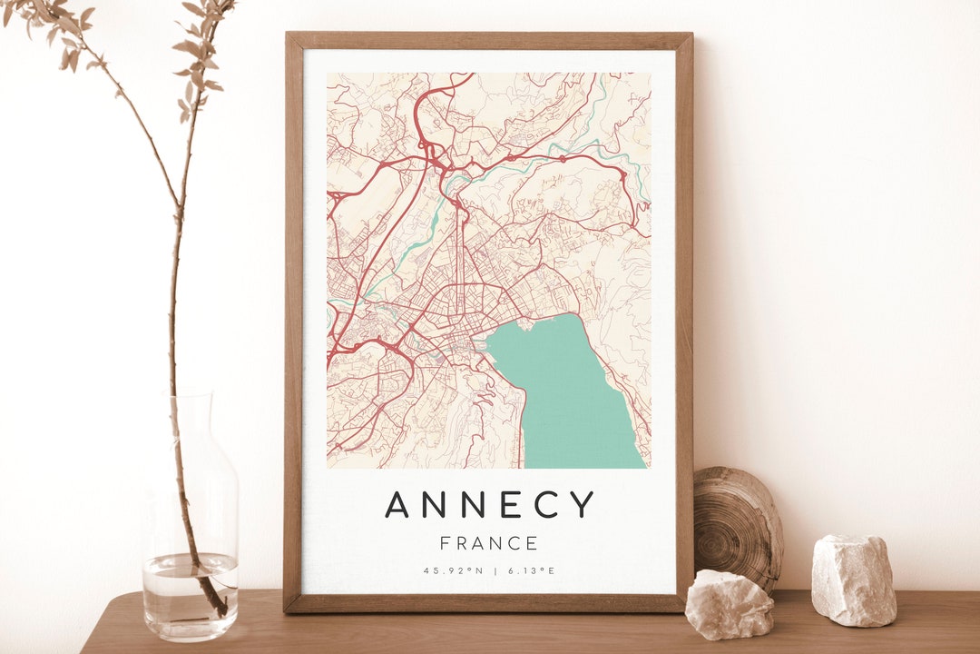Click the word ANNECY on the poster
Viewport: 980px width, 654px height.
point(490,504)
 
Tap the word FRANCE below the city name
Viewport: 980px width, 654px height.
point(489,543)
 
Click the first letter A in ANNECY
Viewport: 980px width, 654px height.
point(396,504)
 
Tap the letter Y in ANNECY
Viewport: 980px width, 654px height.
point(583,504)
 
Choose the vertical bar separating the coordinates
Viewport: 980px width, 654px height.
point(495,571)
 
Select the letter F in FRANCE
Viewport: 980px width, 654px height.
point(445,543)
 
